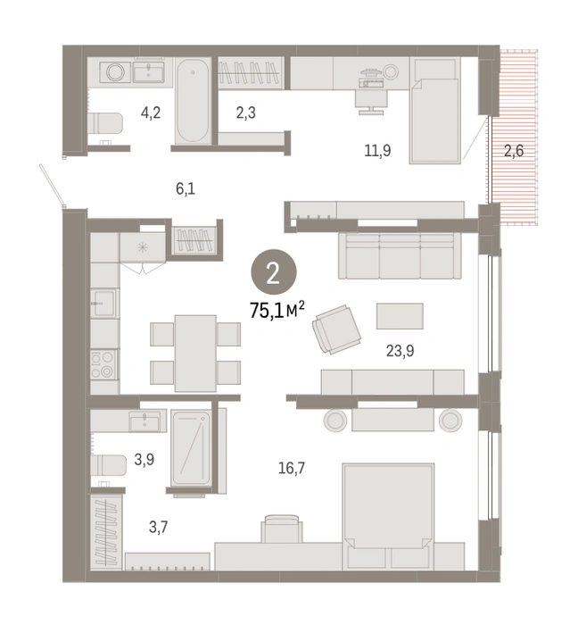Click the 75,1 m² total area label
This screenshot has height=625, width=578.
tap(277, 310)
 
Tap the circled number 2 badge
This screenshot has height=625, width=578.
tap(274, 272)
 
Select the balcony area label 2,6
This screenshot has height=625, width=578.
tap(514, 151)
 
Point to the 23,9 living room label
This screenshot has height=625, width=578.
tap(400, 351)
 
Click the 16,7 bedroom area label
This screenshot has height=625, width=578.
tap(292, 468)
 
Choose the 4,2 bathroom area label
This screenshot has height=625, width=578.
tap(151, 112)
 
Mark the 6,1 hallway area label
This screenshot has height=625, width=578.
tap(186, 188)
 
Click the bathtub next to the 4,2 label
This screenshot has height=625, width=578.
tap(193, 100)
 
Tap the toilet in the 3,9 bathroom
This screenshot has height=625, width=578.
tap(108, 465)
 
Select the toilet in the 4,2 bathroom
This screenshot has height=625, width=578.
tap(105, 123)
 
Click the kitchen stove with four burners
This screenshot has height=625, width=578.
tap(103, 364)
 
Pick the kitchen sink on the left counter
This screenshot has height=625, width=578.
tap(103, 304)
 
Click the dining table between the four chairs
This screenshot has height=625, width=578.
tap(195, 354)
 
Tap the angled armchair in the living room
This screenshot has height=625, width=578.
tap(337, 329)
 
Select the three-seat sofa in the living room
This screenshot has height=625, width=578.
tap(400, 256)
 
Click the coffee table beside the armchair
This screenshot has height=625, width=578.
tap(400, 316)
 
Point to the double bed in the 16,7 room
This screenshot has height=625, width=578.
tap(388, 516)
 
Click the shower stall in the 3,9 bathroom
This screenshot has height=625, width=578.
tap(191, 448)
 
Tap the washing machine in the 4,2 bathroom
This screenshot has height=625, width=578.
tap(115, 72)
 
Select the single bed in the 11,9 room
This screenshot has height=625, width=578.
tap(435, 111)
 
